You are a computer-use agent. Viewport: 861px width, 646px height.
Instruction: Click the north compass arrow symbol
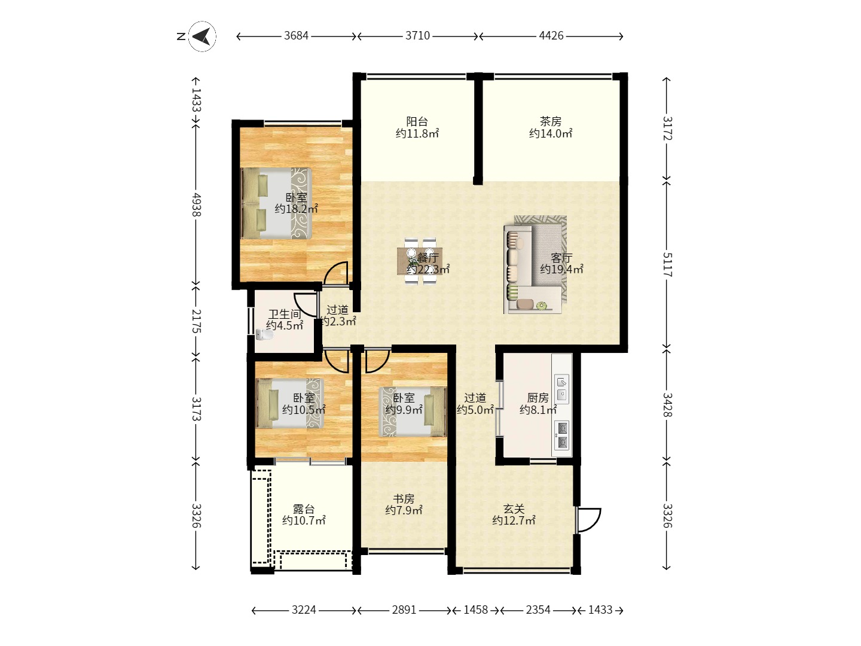click(202, 36)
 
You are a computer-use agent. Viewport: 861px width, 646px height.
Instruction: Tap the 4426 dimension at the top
click(551, 36)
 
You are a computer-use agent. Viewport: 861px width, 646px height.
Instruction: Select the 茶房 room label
click(550, 121)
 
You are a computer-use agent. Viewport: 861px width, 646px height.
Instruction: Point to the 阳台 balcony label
click(417, 121)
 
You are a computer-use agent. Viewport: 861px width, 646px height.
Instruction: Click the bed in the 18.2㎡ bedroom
click(277, 203)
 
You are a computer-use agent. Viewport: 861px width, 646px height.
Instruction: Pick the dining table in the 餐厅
click(420, 261)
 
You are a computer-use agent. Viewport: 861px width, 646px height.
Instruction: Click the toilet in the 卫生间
click(265, 334)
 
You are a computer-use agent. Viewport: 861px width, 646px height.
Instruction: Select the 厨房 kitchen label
click(538, 398)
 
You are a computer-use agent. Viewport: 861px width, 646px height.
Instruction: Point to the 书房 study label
click(404, 498)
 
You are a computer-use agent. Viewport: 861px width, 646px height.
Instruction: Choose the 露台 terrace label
click(304, 508)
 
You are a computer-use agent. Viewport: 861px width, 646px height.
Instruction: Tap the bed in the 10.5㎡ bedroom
click(290, 403)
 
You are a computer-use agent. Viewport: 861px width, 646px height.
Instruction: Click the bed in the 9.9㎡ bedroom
click(413, 412)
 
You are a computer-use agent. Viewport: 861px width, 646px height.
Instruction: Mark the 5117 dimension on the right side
click(667, 264)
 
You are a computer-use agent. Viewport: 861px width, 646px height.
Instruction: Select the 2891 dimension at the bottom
click(404, 610)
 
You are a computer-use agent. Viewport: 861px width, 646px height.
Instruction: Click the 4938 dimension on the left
click(196, 205)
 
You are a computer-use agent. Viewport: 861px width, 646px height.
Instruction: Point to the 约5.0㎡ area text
click(475, 410)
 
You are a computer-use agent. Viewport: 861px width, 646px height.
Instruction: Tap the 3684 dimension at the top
click(296, 36)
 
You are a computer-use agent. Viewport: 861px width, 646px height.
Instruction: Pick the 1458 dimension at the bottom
click(476, 610)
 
